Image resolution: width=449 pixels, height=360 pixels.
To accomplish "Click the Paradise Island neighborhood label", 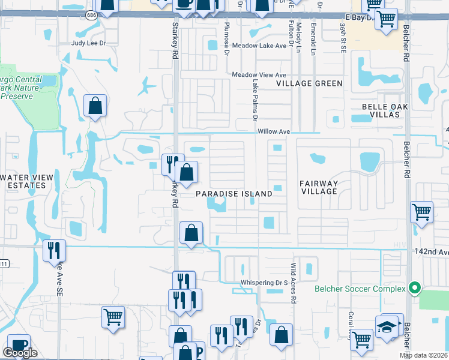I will (234, 194).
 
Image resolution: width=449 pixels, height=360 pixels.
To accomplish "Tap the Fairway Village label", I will (320, 187).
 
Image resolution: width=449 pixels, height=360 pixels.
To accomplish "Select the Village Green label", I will (309, 83).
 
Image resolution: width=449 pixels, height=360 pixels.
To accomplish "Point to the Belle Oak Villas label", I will (385, 110).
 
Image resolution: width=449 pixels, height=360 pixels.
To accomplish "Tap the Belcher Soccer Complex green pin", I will (413, 289).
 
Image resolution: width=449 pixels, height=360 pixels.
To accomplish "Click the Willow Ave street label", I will (274, 131).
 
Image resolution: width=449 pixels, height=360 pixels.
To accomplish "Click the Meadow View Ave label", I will (259, 74).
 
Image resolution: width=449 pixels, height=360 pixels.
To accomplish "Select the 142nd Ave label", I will (431, 253).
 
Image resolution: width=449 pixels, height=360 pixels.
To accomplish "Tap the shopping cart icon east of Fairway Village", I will (421, 212).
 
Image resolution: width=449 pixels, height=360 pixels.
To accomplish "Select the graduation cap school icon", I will (388, 326).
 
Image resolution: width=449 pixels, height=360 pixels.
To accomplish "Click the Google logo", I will (20, 353).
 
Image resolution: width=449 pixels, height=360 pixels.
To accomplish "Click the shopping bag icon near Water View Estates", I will (95, 106).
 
